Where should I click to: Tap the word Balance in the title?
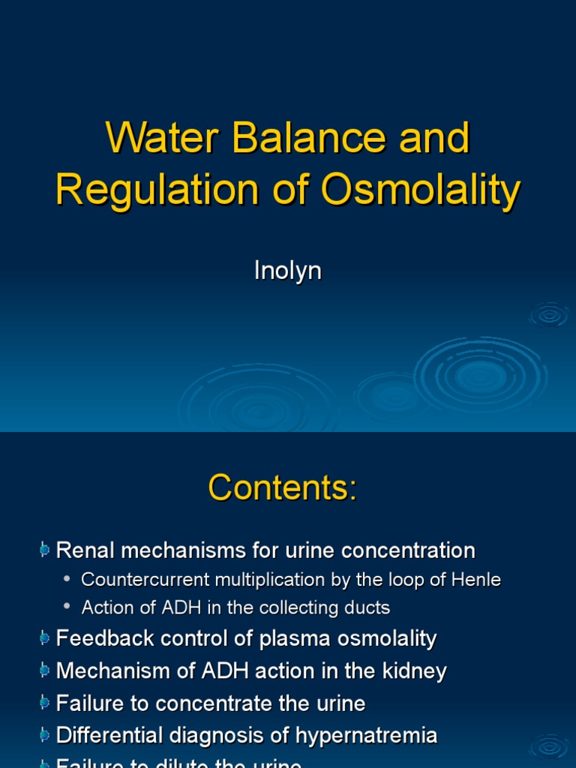[301, 139]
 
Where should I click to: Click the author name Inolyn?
[288, 271]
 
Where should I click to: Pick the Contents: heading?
[283, 489]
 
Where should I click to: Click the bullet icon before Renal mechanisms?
[45, 550]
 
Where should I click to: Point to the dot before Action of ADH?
[69, 607]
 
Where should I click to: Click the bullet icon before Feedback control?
[45, 639]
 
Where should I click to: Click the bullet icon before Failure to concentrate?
[45, 703]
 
